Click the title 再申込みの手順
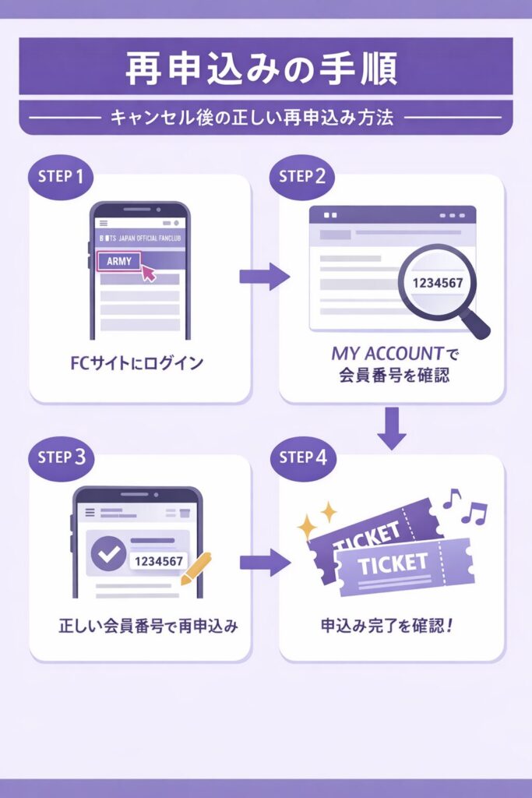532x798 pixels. pos(262,69)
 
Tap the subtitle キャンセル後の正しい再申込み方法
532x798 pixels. pos(262,118)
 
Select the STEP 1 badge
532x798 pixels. pos(60,175)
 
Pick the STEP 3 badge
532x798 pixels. pos(60,457)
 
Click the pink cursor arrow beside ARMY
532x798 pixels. pos(147,272)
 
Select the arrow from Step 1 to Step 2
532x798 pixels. pos(264,276)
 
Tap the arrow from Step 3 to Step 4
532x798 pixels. pos(264,562)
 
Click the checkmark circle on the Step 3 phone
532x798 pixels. pos(108,553)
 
